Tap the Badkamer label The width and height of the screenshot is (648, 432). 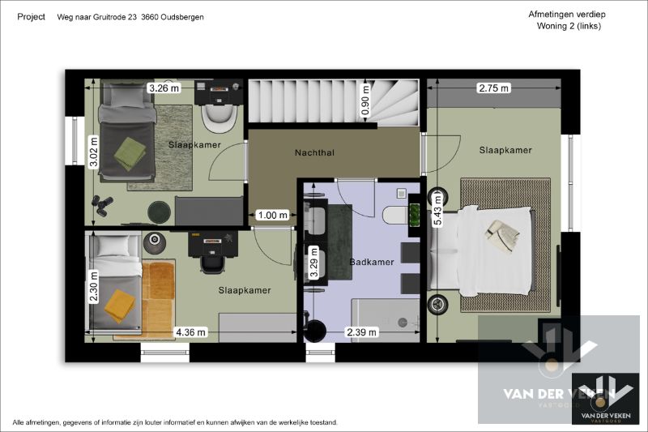coord(372,262)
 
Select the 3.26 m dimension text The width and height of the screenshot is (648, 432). coord(163,88)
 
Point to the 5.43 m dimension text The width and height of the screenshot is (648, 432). coord(437,212)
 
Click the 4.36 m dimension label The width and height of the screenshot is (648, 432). coord(192,331)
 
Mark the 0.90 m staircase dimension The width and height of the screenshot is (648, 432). coord(365,99)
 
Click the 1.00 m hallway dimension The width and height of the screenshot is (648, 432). coord(272,215)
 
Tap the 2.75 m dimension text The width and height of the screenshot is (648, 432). coord(494,88)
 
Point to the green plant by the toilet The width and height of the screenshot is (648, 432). coord(416,215)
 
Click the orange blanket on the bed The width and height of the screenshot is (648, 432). coord(120,304)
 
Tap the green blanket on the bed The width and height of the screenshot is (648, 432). coord(129,153)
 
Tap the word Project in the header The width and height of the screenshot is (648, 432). coord(31,16)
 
